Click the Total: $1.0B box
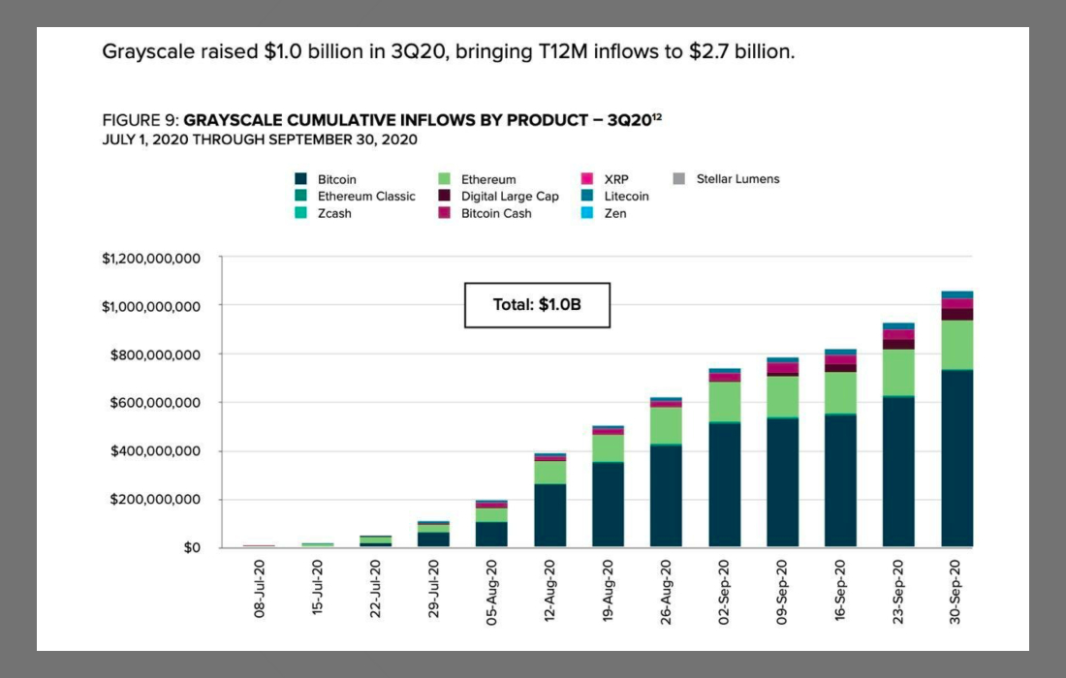pyautogui.click(x=537, y=305)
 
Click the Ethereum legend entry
pyautogui.click(x=487, y=179)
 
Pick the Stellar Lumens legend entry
pyautogui.click(x=737, y=179)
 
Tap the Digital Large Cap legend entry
pyautogui.click(x=510, y=196)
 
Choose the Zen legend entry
pyautogui.click(x=614, y=213)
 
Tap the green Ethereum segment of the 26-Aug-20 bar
pyautogui.click(x=667, y=426)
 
